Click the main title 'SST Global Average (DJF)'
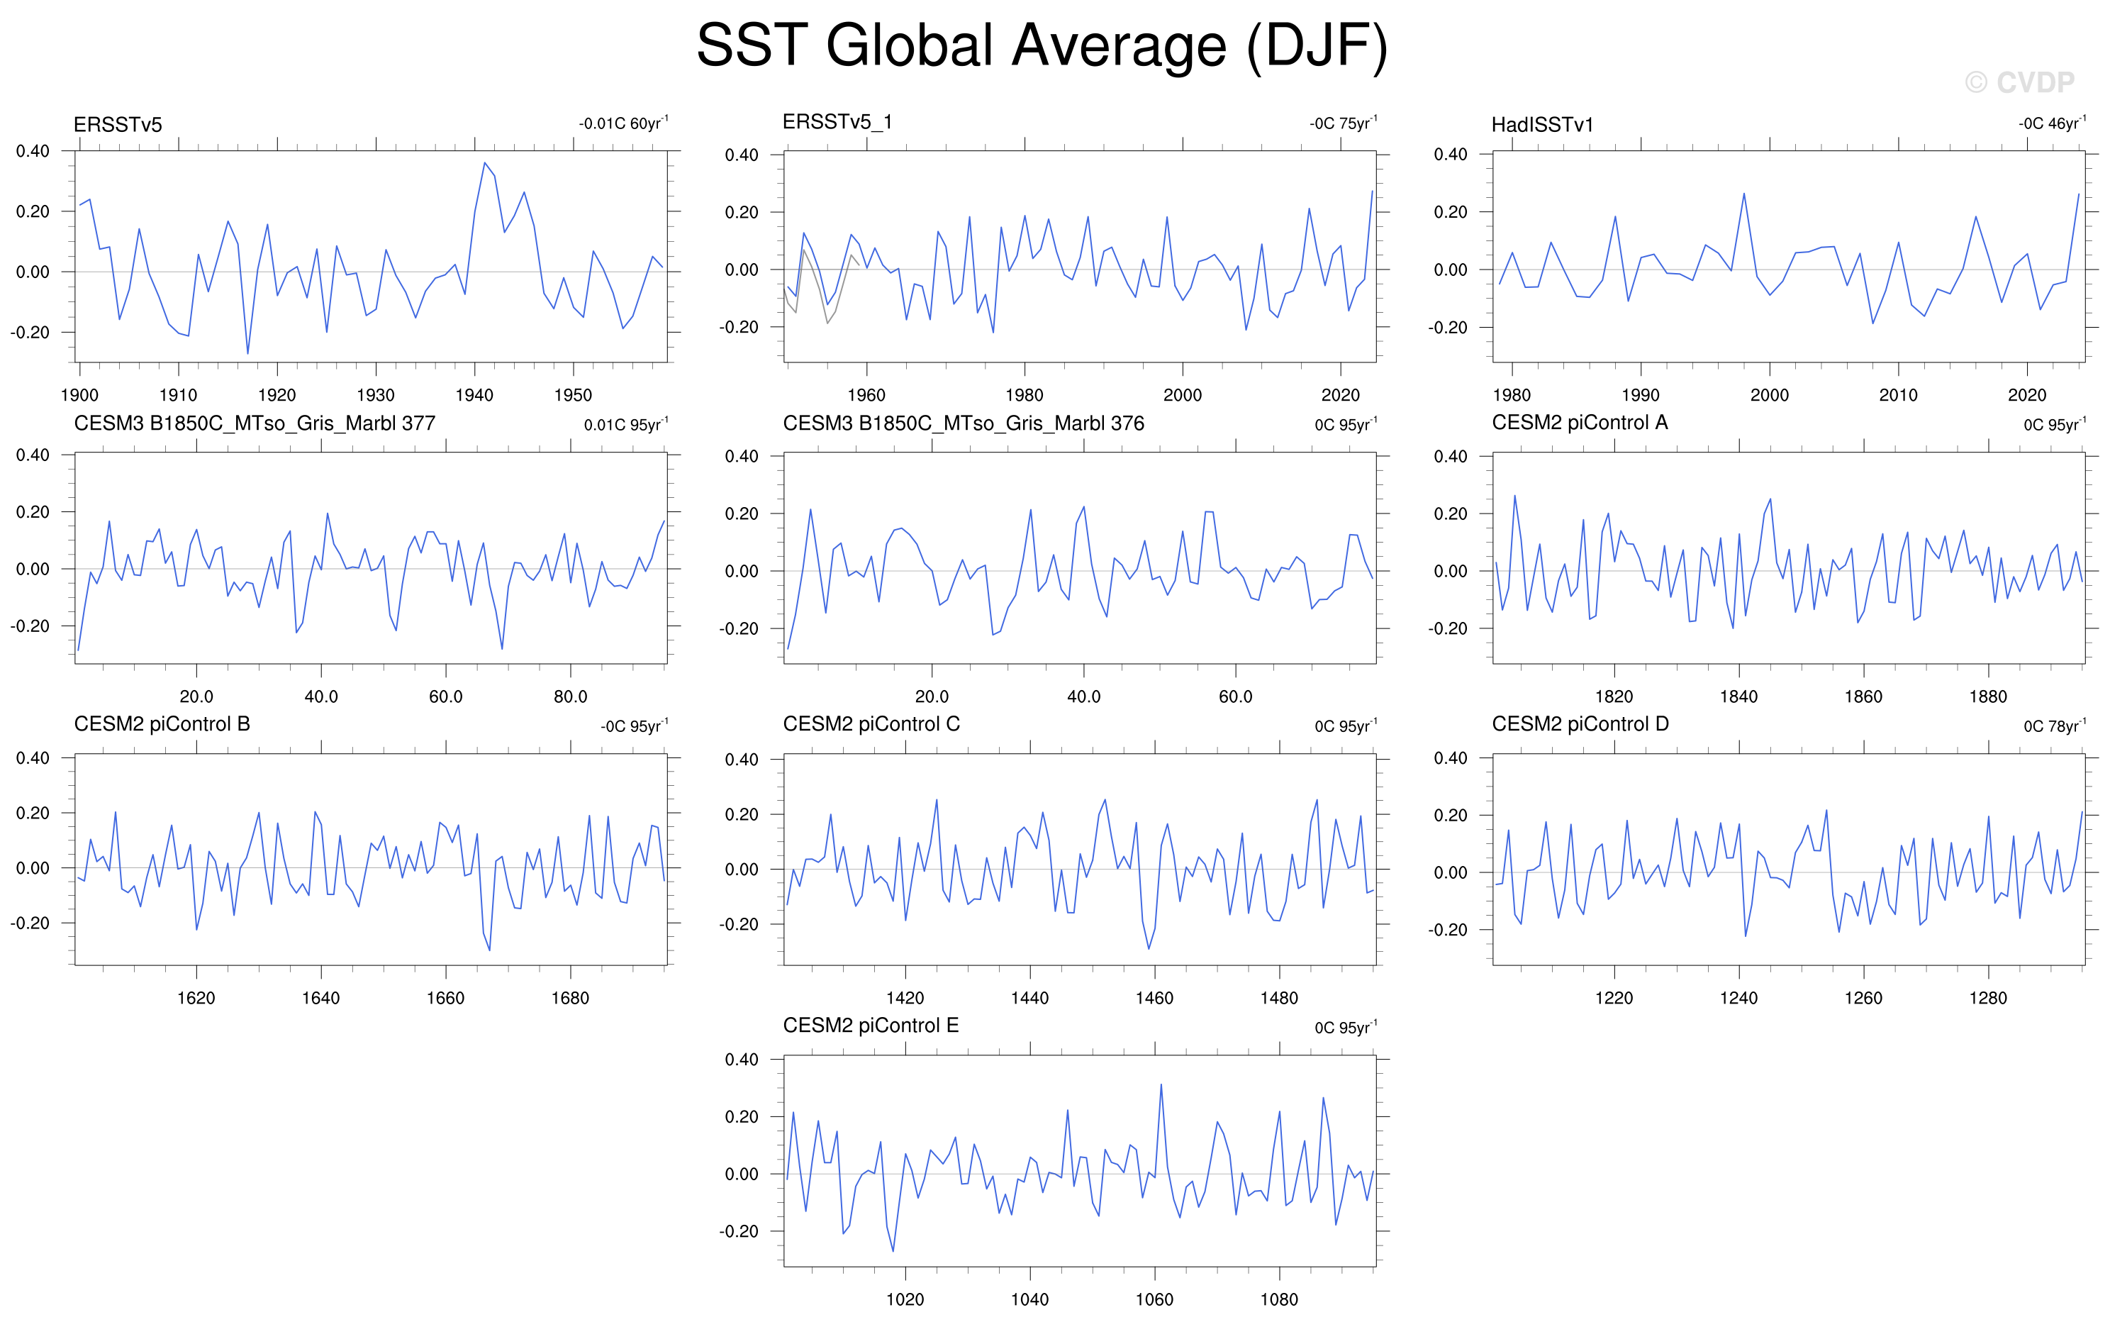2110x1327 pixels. pyautogui.click(x=1042, y=46)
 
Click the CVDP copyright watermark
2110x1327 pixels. pyautogui.click(x=2020, y=82)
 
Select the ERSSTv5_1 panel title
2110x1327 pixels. pyautogui.click(x=837, y=122)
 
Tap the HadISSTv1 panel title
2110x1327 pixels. pyautogui.click(x=1542, y=124)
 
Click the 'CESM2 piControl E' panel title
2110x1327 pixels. pyautogui.click(x=871, y=1026)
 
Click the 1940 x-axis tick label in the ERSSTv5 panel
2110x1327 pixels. pyautogui.click(x=474, y=395)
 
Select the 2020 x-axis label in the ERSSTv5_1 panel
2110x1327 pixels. pyautogui.click(x=1341, y=395)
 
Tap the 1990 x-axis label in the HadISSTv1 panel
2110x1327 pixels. pyautogui.click(x=1641, y=395)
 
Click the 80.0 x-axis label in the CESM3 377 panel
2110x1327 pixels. pyautogui.click(x=571, y=696)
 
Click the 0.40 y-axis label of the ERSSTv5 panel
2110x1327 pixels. pyautogui.click(x=33, y=151)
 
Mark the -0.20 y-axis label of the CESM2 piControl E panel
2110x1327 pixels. pyautogui.click(x=739, y=1231)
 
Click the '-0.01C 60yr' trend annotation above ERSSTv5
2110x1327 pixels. pyautogui.click(x=623, y=123)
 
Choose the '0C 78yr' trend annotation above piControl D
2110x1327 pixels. pyautogui.click(x=2055, y=726)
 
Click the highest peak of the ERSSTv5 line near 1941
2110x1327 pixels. pyautogui.click(x=484, y=162)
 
